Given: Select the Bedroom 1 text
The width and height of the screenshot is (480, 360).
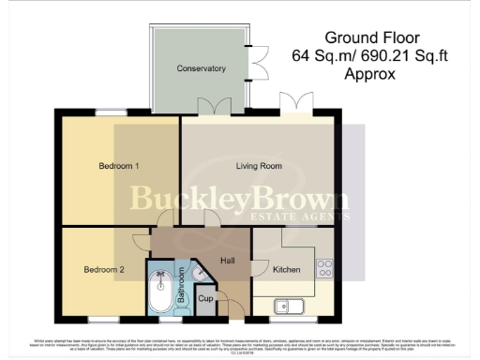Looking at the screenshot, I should click(x=119, y=166).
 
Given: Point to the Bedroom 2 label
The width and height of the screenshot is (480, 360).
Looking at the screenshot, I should click(x=104, y=270).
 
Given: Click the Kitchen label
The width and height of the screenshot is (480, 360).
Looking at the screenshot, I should click(x=286, y=270).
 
